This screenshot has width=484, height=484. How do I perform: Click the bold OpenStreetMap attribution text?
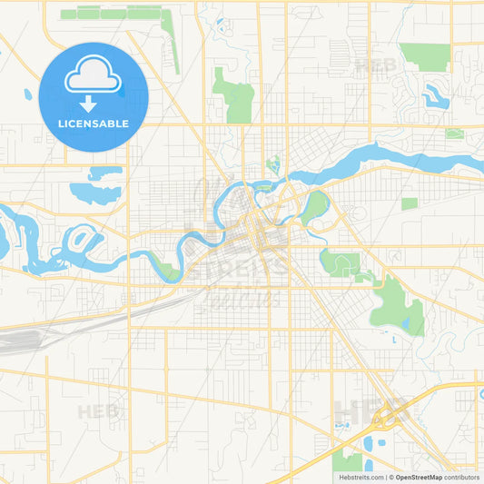pos(418,477)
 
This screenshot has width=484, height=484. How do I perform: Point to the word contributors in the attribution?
pos(461,477)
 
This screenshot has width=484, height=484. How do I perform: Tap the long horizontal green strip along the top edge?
pos(114,14)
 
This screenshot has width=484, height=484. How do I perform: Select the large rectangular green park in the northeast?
pos(424,56)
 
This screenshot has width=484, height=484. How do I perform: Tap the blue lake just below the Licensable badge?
pos(94,191)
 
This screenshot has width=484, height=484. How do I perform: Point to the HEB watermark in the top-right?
pos(375,65)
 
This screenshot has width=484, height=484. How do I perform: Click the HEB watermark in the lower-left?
pos(98,411)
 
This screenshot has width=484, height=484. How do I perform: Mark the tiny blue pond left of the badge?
pos(28,94)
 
